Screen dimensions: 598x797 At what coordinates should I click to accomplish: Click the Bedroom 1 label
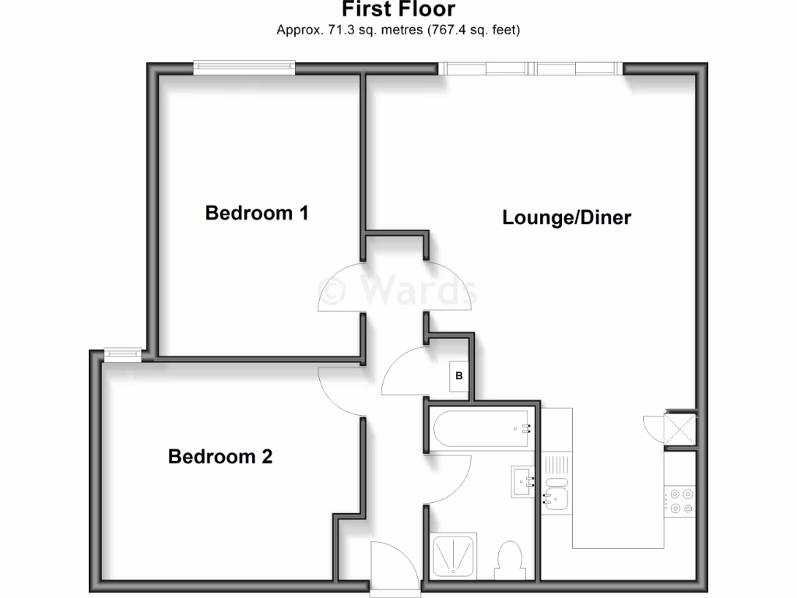point(257,213)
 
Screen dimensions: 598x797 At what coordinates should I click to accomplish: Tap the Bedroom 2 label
point(220,456)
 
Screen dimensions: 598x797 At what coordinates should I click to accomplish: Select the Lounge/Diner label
point(567,217)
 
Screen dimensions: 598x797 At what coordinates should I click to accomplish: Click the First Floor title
point(398,10)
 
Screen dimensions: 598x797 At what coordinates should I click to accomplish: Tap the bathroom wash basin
point(522,481)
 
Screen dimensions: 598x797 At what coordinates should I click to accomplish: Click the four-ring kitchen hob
point(679,501)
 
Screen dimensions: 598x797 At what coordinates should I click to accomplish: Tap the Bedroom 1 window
point(244,69)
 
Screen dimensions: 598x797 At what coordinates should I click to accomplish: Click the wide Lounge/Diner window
point(532,69)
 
